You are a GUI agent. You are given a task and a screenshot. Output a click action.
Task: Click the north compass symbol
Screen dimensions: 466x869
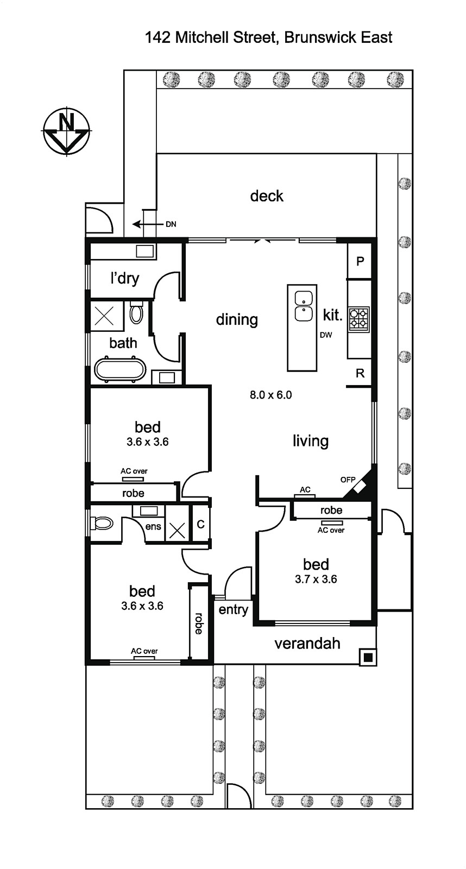(x=66, y=131)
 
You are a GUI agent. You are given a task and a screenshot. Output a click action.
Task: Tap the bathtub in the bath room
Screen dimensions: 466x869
(x=120, y=370)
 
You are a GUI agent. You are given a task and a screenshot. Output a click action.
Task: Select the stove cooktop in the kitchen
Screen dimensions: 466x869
(x=359, y=319)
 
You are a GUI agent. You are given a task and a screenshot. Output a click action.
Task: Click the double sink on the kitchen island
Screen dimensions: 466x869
(x=304, y=306)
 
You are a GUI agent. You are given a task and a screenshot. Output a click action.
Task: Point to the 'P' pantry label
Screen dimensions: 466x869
(x=360, y=261)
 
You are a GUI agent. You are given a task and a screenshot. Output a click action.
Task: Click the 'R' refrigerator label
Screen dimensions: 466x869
(x=360, y=373)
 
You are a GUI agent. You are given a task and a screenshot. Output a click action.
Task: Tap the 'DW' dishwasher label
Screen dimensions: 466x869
(x=326, y=335)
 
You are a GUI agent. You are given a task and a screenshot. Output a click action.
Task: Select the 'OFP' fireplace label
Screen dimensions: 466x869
(x=348, y=480)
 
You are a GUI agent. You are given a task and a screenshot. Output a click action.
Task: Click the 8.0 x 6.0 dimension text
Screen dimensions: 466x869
(x=271, y=395)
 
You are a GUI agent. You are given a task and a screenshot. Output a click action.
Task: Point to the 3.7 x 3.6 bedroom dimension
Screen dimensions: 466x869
(x=316, y=579)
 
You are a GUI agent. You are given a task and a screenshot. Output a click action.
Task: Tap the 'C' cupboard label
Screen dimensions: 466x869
(x=200, y=525)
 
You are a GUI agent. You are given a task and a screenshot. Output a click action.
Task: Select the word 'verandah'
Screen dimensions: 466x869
(x=307, y=644)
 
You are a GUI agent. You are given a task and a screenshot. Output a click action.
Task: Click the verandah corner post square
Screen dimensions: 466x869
(x=368, y=658)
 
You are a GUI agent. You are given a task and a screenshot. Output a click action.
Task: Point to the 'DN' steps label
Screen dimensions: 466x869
(x=171, y=224)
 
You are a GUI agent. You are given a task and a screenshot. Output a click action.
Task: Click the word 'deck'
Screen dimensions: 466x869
(x=267, y=196)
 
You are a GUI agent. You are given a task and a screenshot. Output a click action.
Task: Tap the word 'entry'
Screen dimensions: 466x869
(x=233, y=609)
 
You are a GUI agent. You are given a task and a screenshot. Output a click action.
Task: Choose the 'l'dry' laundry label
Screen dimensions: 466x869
(x=124, y=278)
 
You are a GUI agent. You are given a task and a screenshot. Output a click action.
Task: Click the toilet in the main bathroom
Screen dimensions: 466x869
(x=136, y=313)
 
